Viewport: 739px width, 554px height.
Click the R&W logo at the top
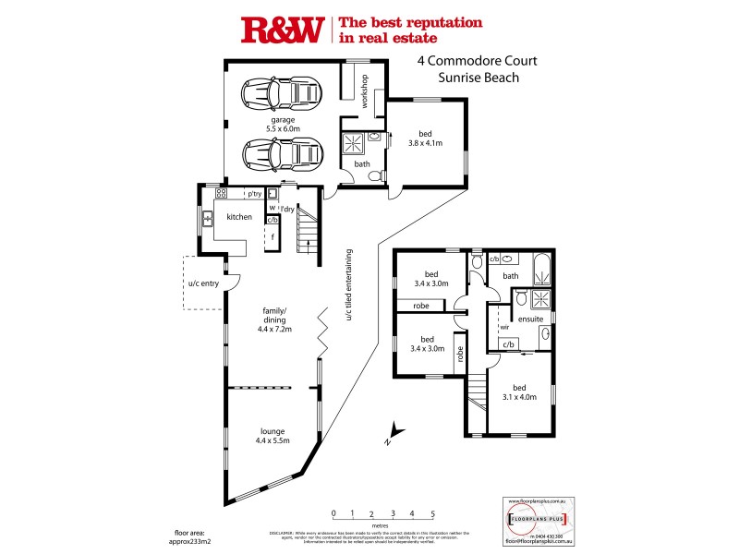(x=281, y=30)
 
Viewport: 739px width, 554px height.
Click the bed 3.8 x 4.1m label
(x=426, y=138)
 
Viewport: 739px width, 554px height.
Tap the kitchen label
(x=239, y=216)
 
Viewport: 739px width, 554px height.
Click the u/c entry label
(x=203, y=283)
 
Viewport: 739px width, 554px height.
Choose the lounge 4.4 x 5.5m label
(x=273, y=435)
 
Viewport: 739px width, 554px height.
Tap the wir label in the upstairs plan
(x=504, y=326)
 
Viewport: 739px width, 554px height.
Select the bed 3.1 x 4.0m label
(x=520, y=392)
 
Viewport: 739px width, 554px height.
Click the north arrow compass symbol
(x=394, y=430)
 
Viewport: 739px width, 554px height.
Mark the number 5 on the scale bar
(x=432, y=512)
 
